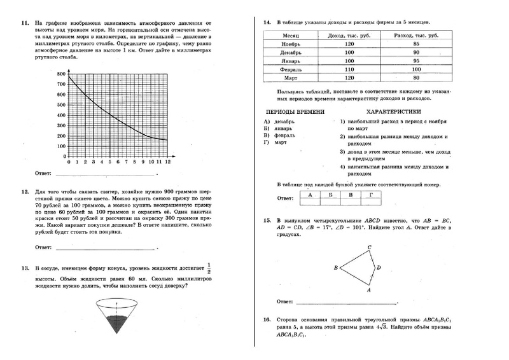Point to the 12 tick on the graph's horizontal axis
click(168, 163)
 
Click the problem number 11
click(24, 24)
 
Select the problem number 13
click(25, 269)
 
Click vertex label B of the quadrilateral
click(335, 268)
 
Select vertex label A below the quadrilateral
click(369, 290)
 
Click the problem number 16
click(267, 319)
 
